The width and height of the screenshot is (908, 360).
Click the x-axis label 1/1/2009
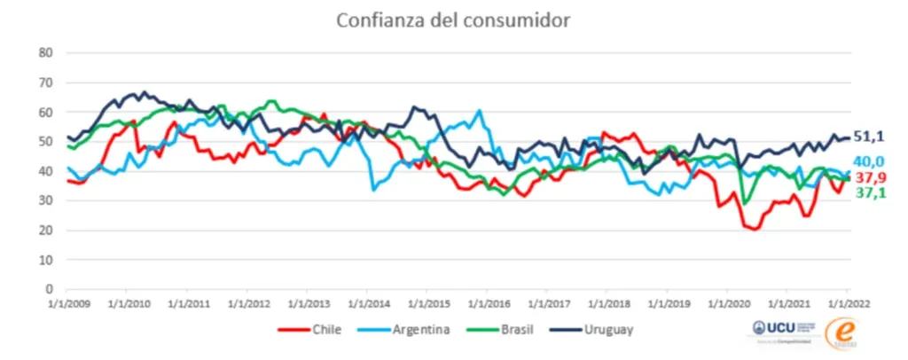(x=67, y=302)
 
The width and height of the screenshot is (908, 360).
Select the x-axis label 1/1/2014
(x=366, y=302)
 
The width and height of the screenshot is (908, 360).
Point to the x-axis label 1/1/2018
(x=606, y=302)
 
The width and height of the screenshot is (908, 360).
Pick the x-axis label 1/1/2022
(x=846, y=302)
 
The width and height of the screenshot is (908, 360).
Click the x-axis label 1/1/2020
(x=726, y=302)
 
